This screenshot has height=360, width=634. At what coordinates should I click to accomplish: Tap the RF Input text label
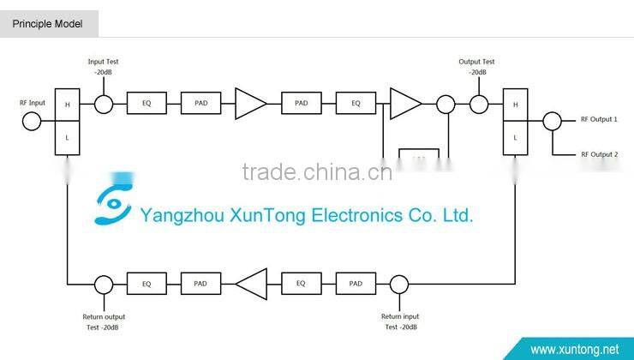pyautogui.click(x=33, y=103)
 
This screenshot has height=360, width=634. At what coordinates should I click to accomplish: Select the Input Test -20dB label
pyautogui.click(x=104, y=67)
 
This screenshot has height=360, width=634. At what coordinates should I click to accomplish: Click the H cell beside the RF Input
pyautogui.click(x=67, y=105)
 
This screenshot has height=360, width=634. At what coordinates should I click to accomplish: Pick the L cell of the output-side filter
pyautogui.click(x=515, y=137)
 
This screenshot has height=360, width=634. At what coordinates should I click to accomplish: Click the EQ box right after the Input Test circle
pyautogui.click(x=147, y=105)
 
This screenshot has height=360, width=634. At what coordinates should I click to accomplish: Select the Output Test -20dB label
pyautogui.click(x=477, y=67)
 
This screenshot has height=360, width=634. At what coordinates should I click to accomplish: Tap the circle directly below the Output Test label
pyautogui.click(x=477, y=105)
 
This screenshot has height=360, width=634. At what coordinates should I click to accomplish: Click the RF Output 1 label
pyautogui.click(x=599, y=120)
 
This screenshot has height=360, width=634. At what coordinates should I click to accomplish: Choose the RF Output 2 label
pyautogui.click(x=599, y=154)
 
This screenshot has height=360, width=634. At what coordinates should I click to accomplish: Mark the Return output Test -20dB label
pyautogui.click(x=104, y=321)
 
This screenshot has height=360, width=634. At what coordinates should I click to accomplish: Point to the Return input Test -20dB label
pyautogui.click(x=400, y=321)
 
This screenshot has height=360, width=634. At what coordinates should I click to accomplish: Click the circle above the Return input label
pyautogui.click(x=399, y=284)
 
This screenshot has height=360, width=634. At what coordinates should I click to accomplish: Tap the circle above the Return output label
pyautogui.click(x=104, y=284)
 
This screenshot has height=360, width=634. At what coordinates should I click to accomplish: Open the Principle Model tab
pyautogui.click(x=48, y=24)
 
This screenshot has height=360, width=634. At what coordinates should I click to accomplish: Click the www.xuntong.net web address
pyautogui.click(x=575, y=349)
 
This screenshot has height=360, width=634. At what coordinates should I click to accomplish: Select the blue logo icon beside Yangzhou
pyautogui.click(x=114, y=202)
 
